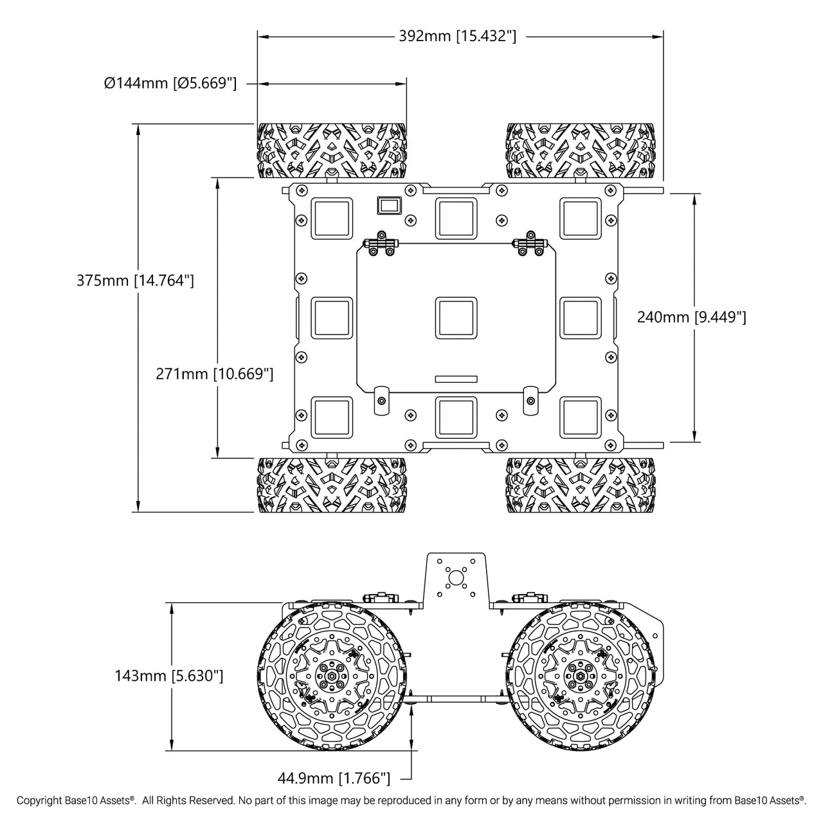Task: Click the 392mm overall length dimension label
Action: point(457,36)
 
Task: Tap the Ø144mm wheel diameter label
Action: point(170,83)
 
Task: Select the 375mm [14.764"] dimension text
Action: point(135,280)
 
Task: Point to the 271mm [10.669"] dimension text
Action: point(214,374)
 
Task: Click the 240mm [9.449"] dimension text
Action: point(691,317)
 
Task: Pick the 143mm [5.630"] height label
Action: point(168,676)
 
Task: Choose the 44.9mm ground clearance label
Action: point(334,778)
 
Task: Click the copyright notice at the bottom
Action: point(411,800)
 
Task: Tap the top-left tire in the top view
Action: point(332,150)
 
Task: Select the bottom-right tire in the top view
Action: point(581,485)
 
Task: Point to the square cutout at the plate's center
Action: point(456,318)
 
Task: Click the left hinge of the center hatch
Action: point(381,244)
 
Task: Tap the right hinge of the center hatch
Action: point(530,244)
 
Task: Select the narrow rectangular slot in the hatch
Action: point(456,379)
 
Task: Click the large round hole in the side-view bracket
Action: point(456,578)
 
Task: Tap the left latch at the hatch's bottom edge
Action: point(381,400)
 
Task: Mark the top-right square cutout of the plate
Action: point(581,218)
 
